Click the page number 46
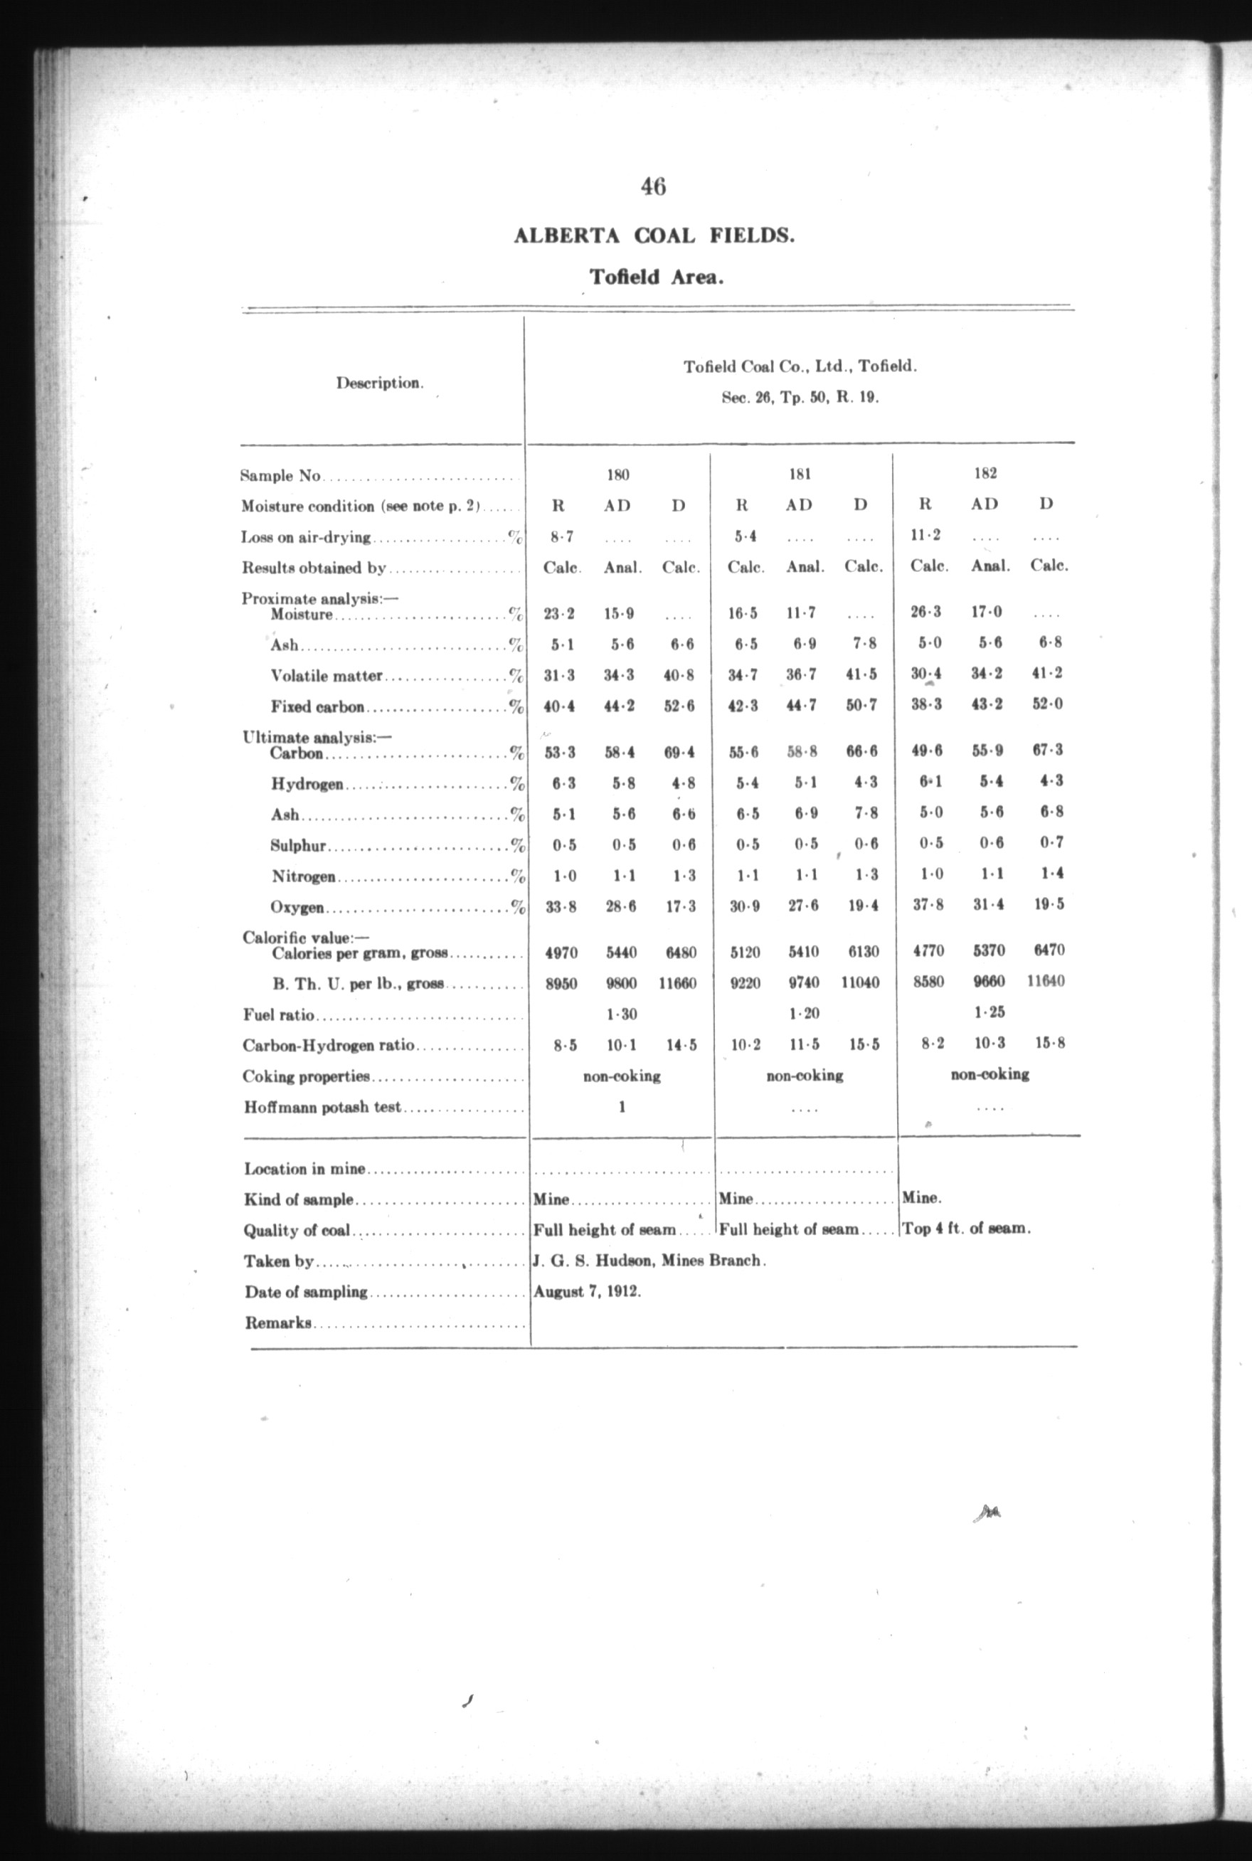(x=652, y=187)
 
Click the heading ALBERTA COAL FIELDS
(x=653, y=236)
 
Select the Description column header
(x=379, y=383)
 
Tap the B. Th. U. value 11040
(x=860, y=983)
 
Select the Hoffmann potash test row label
(x=322, y=1108)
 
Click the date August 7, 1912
(x=587, y=1291)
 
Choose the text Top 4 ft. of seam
(x=966, y=1229)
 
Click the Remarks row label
(x=278, y=1323)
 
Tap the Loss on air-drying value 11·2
(x=925, y=536)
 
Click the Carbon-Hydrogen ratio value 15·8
(x=1049, y=1043)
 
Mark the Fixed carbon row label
(x=318, y=707)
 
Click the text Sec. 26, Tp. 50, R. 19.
(x=800, y=398)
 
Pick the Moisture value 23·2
(x=559, y=614)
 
